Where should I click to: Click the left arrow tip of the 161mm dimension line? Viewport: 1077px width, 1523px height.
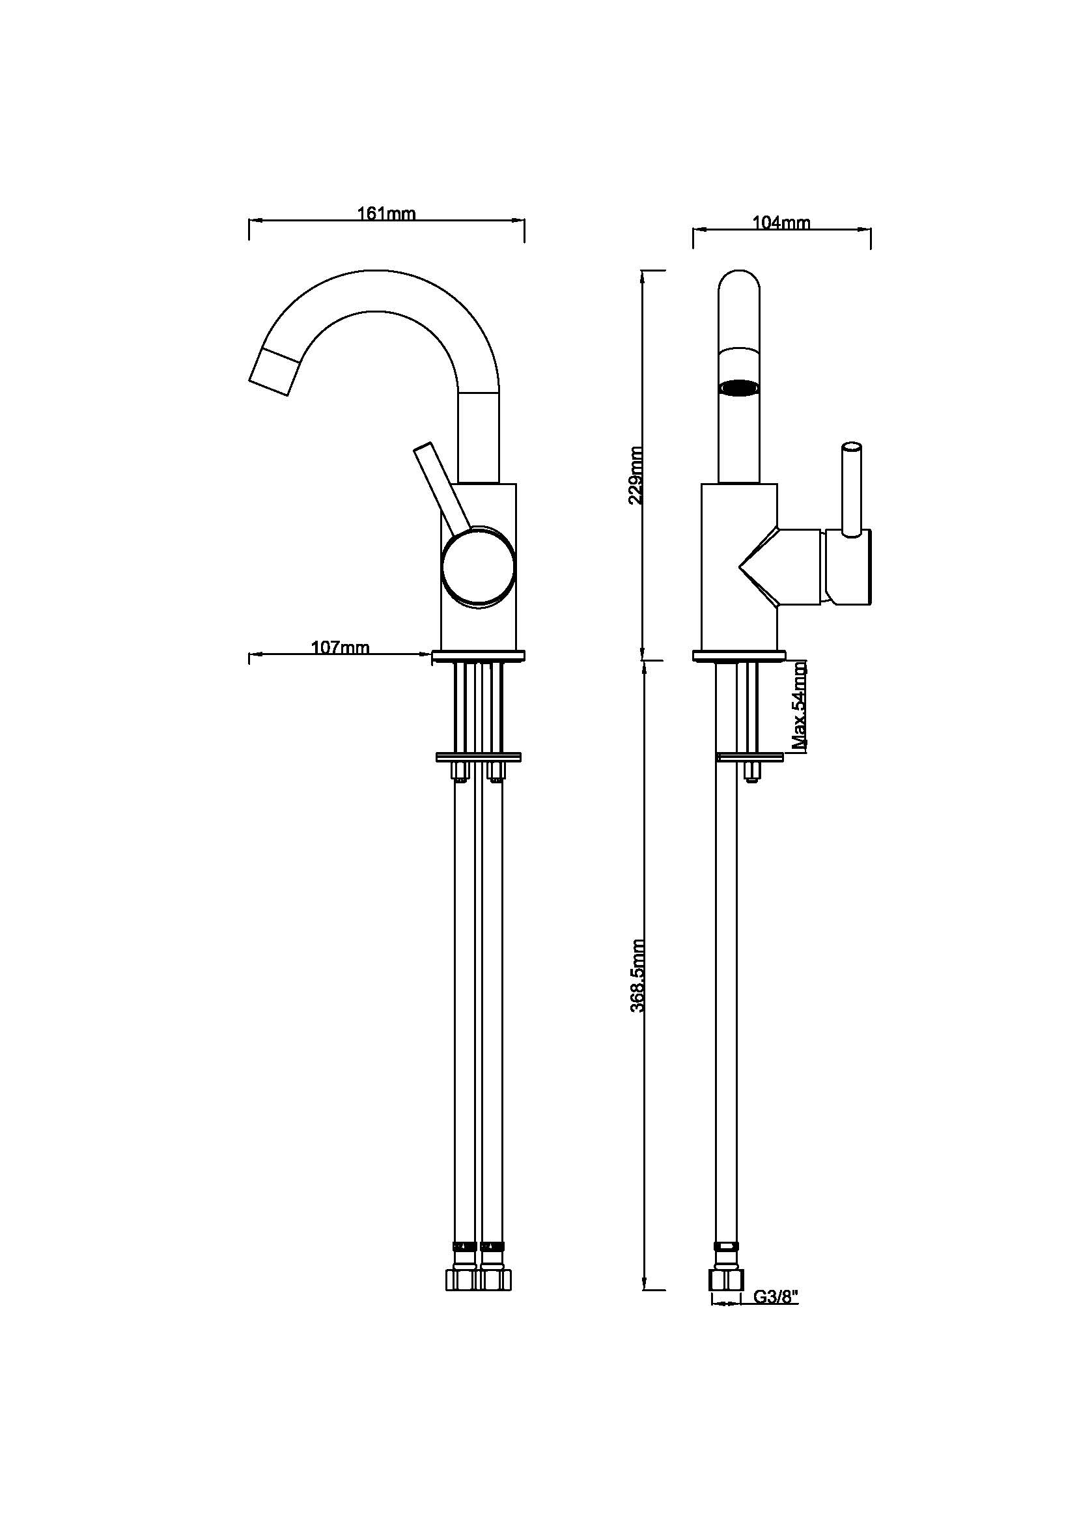coord(249,220)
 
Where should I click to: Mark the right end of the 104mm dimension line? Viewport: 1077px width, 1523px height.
coord(871,230)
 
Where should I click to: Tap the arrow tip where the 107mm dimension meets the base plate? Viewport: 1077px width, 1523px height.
coord(432,656)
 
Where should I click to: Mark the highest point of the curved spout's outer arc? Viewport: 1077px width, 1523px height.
coord(378,270)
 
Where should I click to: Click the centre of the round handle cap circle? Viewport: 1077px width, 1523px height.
coord(478,569)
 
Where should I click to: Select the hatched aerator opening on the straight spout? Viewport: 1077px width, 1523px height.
coord(740,387)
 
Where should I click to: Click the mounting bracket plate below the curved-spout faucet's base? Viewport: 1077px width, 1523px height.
coord(478,757)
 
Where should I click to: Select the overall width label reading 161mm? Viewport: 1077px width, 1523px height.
coord(387,214)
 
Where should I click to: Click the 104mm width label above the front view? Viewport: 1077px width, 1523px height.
coord(781,223)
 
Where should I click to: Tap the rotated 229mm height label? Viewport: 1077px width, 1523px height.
coord(636,475)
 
